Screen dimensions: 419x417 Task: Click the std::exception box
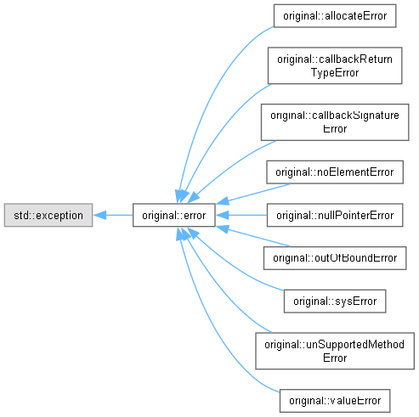click(48, 215)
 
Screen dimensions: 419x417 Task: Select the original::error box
click(174, 215)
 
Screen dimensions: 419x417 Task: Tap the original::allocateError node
click(335, 16)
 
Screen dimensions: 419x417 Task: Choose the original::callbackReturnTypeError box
click(335, 65)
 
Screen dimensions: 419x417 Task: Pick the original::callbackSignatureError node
click(335, 122)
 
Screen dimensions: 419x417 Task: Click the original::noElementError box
click(335, 172)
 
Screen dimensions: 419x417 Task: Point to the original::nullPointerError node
click(335, 215)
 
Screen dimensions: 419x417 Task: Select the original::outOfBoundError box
click(335, 258)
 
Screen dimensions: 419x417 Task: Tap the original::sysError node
click(335, 301)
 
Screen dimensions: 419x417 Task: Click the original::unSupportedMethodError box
click(335, 351)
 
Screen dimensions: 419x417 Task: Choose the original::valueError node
click(335, 401)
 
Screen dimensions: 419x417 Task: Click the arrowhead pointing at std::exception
click(99, 215)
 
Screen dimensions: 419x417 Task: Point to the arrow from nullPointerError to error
click(241, 215)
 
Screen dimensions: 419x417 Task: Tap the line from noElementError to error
click(253, 194)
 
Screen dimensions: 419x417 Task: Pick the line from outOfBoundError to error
click(253, 236)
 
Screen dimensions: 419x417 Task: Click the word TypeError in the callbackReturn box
click(335, 73)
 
